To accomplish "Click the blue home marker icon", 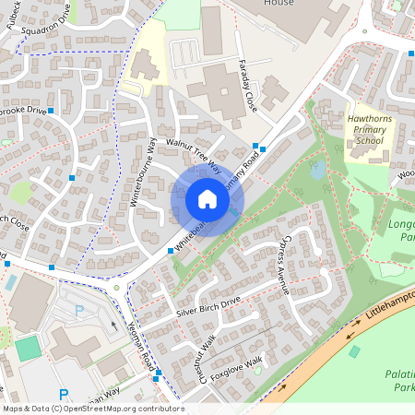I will click(207, 199).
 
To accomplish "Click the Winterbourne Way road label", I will click(148, 175).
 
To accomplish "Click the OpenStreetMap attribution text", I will click(92, 409).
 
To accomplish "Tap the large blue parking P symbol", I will click(63, 394).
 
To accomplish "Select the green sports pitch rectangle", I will click(29, 348).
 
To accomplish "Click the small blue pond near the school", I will click(318, 171).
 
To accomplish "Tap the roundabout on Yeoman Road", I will click(117, 288).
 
